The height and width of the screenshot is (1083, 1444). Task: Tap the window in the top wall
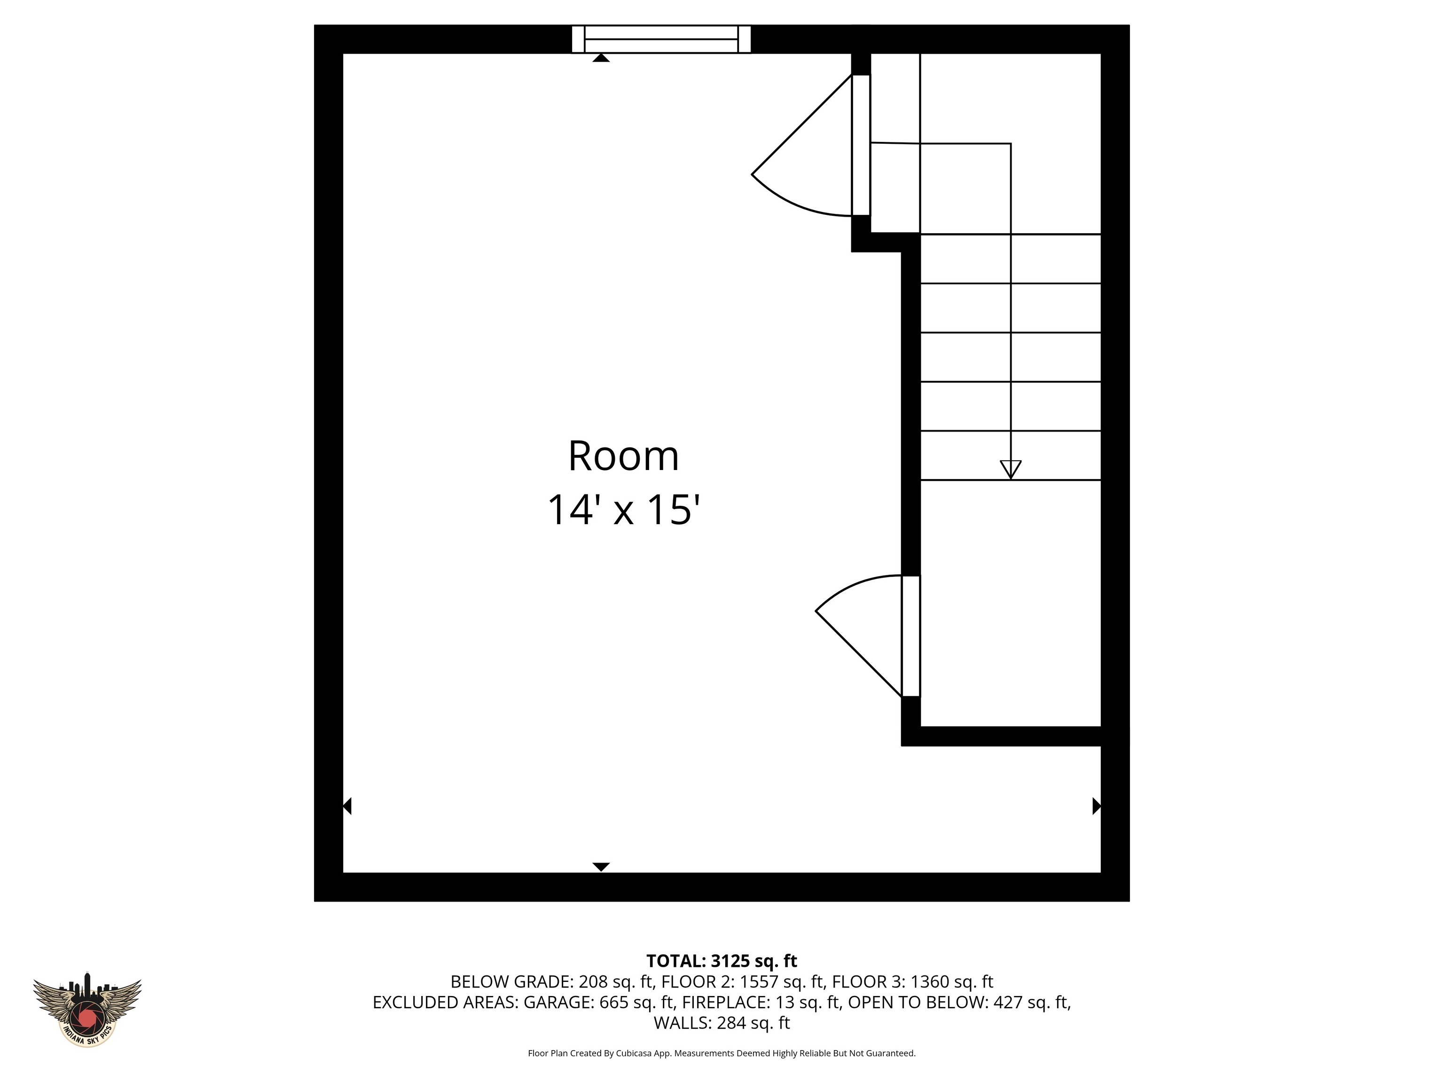[x=660, y=39]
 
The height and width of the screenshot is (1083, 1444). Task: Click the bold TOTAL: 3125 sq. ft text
[x=722, y=961]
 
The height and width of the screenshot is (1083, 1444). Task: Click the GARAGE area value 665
[x=613, y=1002]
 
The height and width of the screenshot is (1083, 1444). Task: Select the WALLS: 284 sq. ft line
[x=722, y=1022]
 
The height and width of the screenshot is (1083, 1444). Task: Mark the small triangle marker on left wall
[x=347, y=806]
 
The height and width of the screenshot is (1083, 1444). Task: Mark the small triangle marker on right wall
[x=1097, y=806]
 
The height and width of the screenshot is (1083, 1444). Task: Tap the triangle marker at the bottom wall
[x=601, y=867]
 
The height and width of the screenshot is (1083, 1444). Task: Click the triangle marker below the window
[x=601, y=59]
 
